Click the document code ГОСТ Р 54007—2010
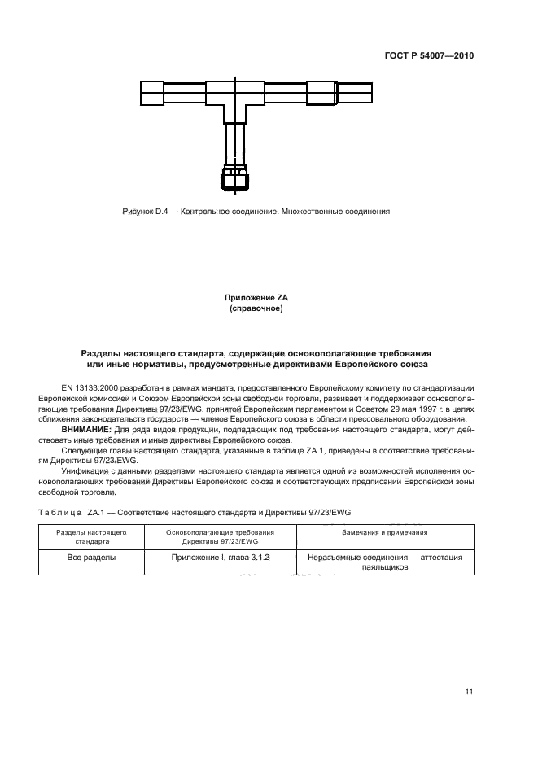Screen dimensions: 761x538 [428, 56]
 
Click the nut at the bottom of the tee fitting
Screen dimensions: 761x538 [234, 178]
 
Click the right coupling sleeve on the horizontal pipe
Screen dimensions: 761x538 [321, 93]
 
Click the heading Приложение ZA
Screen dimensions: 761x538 [256, 299]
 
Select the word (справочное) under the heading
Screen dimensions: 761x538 [256, 309]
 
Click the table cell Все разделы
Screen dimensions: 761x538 [91, 558]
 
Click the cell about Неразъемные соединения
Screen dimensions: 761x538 [385, 563]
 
